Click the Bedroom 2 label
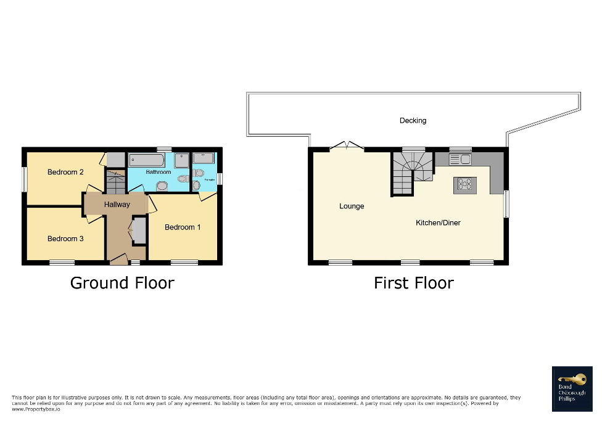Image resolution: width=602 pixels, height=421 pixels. coord(65,172)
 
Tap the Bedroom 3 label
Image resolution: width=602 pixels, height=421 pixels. coord(65,239)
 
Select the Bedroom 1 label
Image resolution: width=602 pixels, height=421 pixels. coord(183,227)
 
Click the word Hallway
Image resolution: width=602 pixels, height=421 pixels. coord(117,204)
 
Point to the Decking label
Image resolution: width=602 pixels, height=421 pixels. coord(413,120)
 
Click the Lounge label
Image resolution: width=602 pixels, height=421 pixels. coord(352,206)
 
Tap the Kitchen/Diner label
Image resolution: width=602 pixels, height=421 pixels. coord(438,223)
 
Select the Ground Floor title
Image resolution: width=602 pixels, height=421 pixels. coord(122,283)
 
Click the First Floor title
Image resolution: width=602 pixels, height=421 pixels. coord(413,283)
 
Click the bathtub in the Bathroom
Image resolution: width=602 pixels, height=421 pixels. coord(147,161)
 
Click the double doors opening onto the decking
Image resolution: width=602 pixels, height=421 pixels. coord(347,147)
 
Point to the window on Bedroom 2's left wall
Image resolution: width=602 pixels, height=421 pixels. coord(25,180)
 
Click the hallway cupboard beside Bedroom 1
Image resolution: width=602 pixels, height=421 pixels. coord(139,230)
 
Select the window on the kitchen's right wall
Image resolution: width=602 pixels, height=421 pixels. coord(506,203)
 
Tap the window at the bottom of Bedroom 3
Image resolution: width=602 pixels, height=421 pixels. coord(62,263)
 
